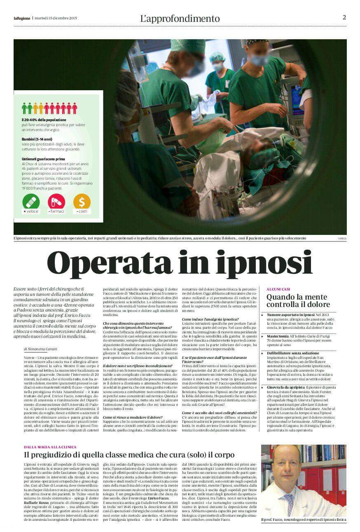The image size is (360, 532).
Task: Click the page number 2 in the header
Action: coord(344,17)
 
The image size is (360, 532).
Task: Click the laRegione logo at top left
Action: coord(21,18)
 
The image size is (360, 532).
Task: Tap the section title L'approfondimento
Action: coord(180,19)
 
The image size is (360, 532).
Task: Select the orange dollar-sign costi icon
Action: coord(82,202)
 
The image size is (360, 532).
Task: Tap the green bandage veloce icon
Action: coord(31,202)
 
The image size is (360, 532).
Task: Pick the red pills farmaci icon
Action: coord(56,202)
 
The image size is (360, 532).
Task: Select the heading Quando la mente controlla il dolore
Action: coord(298,301)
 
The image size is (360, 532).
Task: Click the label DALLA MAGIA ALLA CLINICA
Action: coord(50,447)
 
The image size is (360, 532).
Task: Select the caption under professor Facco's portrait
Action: coord(304,520)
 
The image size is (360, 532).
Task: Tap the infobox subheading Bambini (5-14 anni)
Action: coord(37,139)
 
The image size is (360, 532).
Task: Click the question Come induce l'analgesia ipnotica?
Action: coord(210,319)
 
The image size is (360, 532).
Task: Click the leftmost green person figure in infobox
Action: coord(24,108)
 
